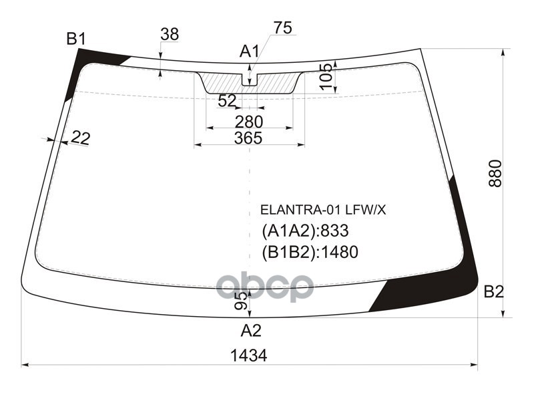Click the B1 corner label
point(75,39)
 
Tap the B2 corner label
point(494,291)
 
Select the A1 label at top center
point(250,51)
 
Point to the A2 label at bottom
point(251,330)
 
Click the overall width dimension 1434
point(250,356)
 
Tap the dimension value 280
point(249,122)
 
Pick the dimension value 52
point(227,101)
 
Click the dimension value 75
point(282,27)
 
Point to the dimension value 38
point(170,34)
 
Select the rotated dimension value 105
point(325,77)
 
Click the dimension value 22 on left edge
point(80,138)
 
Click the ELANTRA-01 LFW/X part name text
point(322,210)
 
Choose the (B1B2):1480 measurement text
point(310,252)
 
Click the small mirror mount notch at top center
point(249,79)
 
